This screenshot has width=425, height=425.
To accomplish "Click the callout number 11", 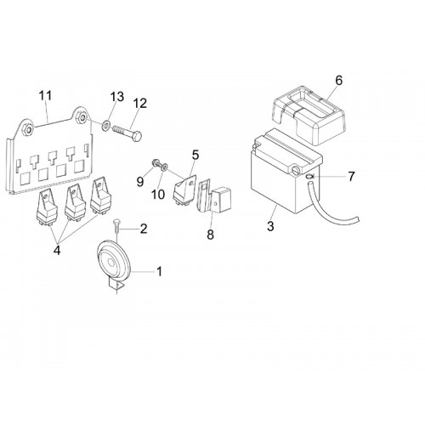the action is pyautogui.click(x=45, y=96).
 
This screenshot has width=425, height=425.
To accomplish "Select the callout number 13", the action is pyautogui.click(x=117, y=97).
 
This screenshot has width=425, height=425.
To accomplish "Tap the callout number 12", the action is pyautogui.click(x=140, y=104).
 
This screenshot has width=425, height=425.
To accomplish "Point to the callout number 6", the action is pyautogui.click(x=339, y=81).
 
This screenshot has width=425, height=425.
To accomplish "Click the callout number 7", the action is pyautogui.click(x=351, y=177).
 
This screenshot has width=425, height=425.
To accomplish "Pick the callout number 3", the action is pyautogui.click(x=270, y=226).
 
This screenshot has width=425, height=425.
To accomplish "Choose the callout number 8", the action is pyautogui.click(x=210, y=235).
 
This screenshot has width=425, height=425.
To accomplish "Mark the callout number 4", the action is pyautogui.click(x=57, y=250).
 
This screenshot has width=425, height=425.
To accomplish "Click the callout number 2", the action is pyautogui.click(x=144, y=229).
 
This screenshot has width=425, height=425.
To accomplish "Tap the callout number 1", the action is pyautogui.click(x=160, y=271).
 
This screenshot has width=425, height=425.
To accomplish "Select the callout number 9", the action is pyautogui.click(x=140, y=182).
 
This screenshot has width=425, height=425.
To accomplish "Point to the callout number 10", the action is pyautogui.click(x=158, y=195).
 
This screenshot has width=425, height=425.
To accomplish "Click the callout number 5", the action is pyautogui.click(x=195, y=155).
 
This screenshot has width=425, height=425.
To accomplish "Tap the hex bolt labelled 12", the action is pyautogui.click(x=127, y=133).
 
